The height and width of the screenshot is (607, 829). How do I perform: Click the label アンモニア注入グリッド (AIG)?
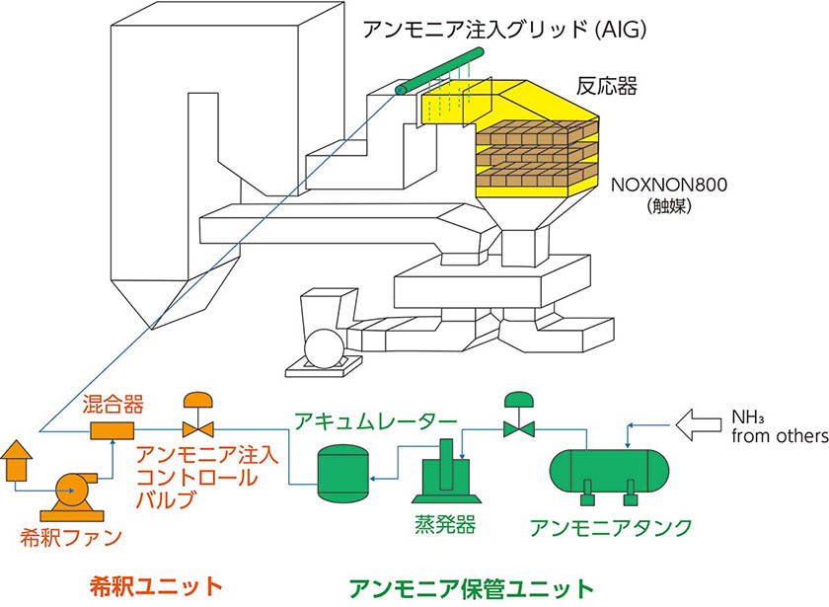tap(504, 31)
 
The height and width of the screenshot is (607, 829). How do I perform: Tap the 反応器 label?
tap(606, 87)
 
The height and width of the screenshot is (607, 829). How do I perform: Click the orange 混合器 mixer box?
tap(104, 431)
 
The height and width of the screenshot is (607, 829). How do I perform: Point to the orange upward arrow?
tap(18, 459)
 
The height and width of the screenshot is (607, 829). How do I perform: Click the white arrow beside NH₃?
tap(698, 425)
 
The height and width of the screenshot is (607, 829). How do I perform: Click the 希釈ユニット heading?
tap(150, 584)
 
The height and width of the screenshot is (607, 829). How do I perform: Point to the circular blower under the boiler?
tap(321, 346)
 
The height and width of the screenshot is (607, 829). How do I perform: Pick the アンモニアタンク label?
tap(611, 524)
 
